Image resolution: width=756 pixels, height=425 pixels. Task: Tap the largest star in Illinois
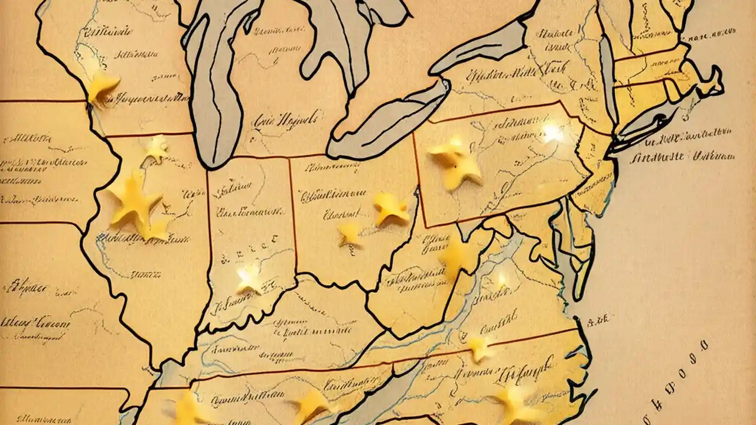point(135,199)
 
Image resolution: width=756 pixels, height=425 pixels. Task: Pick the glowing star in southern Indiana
point(249,277)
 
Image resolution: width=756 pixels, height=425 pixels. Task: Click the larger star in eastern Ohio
point(391,208)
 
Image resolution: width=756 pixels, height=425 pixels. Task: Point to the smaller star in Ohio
point(351,234)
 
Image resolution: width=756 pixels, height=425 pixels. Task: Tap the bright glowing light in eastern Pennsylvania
point(553,132)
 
